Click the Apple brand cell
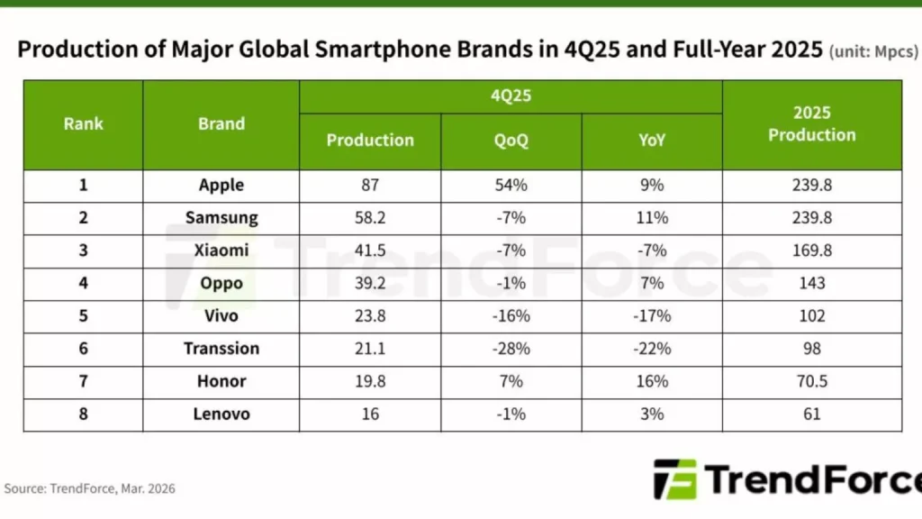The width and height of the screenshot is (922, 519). point(221,186)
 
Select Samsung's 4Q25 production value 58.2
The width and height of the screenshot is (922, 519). point(370,218)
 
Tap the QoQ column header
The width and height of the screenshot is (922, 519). point(511,141)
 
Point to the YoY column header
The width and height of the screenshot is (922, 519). point(652,141)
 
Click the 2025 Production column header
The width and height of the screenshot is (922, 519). point(811,124)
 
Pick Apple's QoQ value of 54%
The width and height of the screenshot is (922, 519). point(511,186)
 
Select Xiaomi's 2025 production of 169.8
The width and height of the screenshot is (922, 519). point(811,250)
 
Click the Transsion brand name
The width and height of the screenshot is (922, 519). point(221,349)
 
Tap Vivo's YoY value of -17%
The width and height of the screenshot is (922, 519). point(652,316)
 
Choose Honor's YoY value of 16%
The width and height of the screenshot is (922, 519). point(652,381)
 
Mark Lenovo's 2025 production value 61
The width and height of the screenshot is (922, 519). point(811,414)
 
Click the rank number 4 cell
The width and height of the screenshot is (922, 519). point(83,284)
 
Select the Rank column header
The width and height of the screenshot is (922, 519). point(83,124)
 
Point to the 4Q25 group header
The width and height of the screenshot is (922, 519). point(511,96)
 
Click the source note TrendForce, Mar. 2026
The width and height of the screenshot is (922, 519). point(90,488)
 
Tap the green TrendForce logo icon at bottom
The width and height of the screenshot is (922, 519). point(674,479)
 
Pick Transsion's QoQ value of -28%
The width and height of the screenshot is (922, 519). point(511,349)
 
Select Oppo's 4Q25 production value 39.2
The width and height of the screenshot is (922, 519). point(370,284)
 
